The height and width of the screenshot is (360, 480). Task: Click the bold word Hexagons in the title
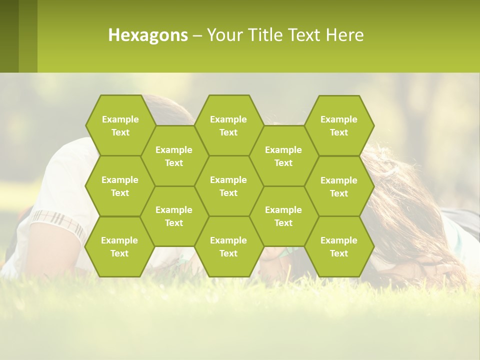tap(148, 35)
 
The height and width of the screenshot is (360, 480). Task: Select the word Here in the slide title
tap(344, 35)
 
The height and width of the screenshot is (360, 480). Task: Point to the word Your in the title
tap(224, 35)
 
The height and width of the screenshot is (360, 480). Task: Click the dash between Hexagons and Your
tap(197, 35)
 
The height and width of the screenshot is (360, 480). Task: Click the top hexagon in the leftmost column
tap(120, 125)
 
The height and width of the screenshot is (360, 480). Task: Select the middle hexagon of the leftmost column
tap(120, 186)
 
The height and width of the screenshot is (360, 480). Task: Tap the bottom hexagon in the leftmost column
tap(119, 246)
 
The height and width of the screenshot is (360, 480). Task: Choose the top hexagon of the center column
tap(228, 125)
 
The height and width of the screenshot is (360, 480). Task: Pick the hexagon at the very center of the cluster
tap(228, 186)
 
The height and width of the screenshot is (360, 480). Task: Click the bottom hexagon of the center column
tap(228, 246)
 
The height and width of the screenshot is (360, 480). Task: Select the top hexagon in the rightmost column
tap(339, 125)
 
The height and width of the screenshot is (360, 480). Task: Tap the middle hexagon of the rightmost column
tap(339, 186)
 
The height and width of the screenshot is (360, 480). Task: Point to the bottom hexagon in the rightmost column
tap(339, 246)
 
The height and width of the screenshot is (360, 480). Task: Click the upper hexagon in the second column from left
tap(174, 156)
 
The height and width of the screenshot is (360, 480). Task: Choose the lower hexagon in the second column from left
tap(174, 216)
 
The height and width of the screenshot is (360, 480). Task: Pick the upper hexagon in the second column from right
tap(283, 156)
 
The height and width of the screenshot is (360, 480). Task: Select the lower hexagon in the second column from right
tap(283, 216)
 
